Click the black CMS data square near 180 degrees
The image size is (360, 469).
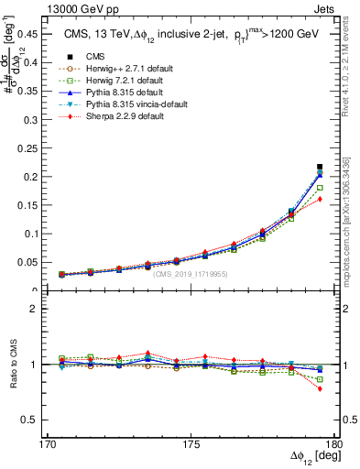pos(320,167)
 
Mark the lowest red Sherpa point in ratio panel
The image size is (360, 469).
pos(320,388)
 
